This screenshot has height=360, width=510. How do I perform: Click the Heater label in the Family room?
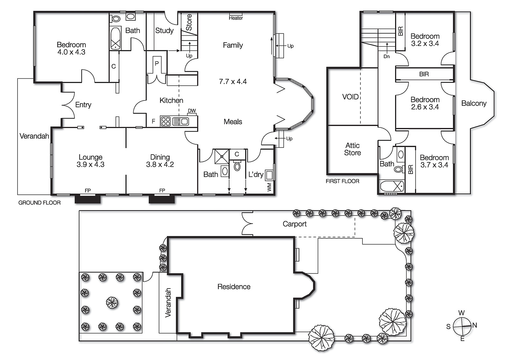tap(236, 18)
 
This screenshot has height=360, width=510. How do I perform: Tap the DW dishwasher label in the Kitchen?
tap(192, 111)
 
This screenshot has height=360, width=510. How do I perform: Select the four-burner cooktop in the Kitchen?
tap(165, 122)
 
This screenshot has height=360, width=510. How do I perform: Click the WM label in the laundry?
tap(269, 187)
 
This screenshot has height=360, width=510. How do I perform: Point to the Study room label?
tap(164, 31)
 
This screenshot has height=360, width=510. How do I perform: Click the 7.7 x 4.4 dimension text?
tap(233, 82)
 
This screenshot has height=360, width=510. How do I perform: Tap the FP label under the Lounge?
tap(88, 191)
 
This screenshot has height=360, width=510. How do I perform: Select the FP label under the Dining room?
tap(162, 191)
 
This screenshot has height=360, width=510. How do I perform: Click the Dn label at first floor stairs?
tap(386, 56)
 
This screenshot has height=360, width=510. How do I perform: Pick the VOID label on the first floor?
tap(350, 97)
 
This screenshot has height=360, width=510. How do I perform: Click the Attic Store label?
tap(352, 149)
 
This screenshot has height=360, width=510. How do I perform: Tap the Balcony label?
tap(474, 103)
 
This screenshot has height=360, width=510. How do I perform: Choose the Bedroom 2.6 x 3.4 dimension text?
tap(425, 107)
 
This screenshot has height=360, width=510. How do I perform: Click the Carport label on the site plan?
tap(295, 224)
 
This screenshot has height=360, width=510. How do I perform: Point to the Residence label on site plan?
tap(234, 287)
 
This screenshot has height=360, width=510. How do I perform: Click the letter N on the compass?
tap(475, 325)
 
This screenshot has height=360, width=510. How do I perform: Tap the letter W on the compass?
tap(461, 313)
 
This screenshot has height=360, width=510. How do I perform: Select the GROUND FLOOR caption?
tap(40, 203)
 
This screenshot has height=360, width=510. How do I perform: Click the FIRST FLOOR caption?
tap(342, 181)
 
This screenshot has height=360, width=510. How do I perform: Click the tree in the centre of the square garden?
tap(112, 302)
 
